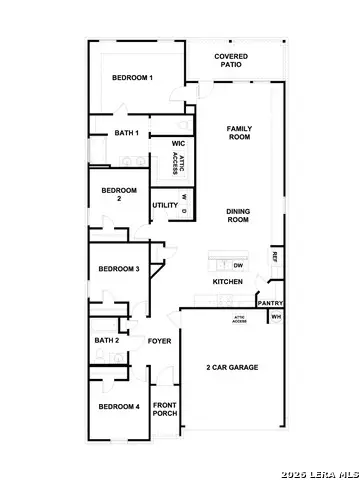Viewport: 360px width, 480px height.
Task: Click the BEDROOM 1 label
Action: (x=132, y=78)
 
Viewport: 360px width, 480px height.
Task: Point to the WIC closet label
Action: (x=178, y=144)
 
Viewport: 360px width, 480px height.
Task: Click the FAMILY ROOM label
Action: (x=239, y=134)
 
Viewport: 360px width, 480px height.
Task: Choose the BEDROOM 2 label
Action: (x=119, y=194)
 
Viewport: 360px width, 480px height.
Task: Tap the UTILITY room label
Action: (x=165, y=205)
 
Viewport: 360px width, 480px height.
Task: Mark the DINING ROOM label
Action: (x=237, y=215)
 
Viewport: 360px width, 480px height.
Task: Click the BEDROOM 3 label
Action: (x=119, y=269)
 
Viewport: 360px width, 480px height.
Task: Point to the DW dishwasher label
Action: (x=238, y=265)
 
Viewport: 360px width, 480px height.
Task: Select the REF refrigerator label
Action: (x=274, y=257)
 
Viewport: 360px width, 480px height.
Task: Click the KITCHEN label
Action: (x=228, y=282)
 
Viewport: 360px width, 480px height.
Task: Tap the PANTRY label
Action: (x=270, y=303)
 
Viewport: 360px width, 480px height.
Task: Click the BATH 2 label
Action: (x=107, y=341)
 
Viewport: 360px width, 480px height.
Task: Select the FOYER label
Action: (x=160, y=341)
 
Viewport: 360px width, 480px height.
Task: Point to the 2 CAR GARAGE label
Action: (x=232, y=368)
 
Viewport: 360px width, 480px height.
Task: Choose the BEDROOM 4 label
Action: (x=119, y=406)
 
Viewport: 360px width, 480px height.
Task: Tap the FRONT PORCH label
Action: (x=165, y=410)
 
